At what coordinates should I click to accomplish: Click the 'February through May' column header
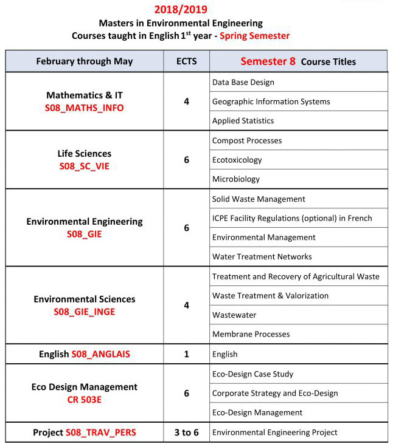(85, 61)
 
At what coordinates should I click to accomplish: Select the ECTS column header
(186, 61)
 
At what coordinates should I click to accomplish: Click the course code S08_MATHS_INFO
(85, 108)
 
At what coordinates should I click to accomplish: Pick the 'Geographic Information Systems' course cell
(271, 101)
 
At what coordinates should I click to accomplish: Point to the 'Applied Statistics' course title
(243, 121)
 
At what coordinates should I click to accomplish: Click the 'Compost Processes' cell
(247, 140)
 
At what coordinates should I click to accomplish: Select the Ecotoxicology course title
(237, 160)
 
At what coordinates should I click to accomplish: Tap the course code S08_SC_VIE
(85, 166)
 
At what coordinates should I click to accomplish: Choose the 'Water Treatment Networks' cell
(262, 256)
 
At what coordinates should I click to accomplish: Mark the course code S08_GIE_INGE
(85, 312)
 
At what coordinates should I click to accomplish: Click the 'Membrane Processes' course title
(251, 334)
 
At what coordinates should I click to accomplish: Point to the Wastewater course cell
(234, 315)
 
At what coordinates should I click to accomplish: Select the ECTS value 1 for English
(186, 354)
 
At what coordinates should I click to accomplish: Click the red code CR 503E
(85, 400)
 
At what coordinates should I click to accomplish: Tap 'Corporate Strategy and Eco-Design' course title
(275, 393)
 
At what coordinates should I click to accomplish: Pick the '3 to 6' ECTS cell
(186, 432)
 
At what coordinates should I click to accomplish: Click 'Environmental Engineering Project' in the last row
(275, 432)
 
